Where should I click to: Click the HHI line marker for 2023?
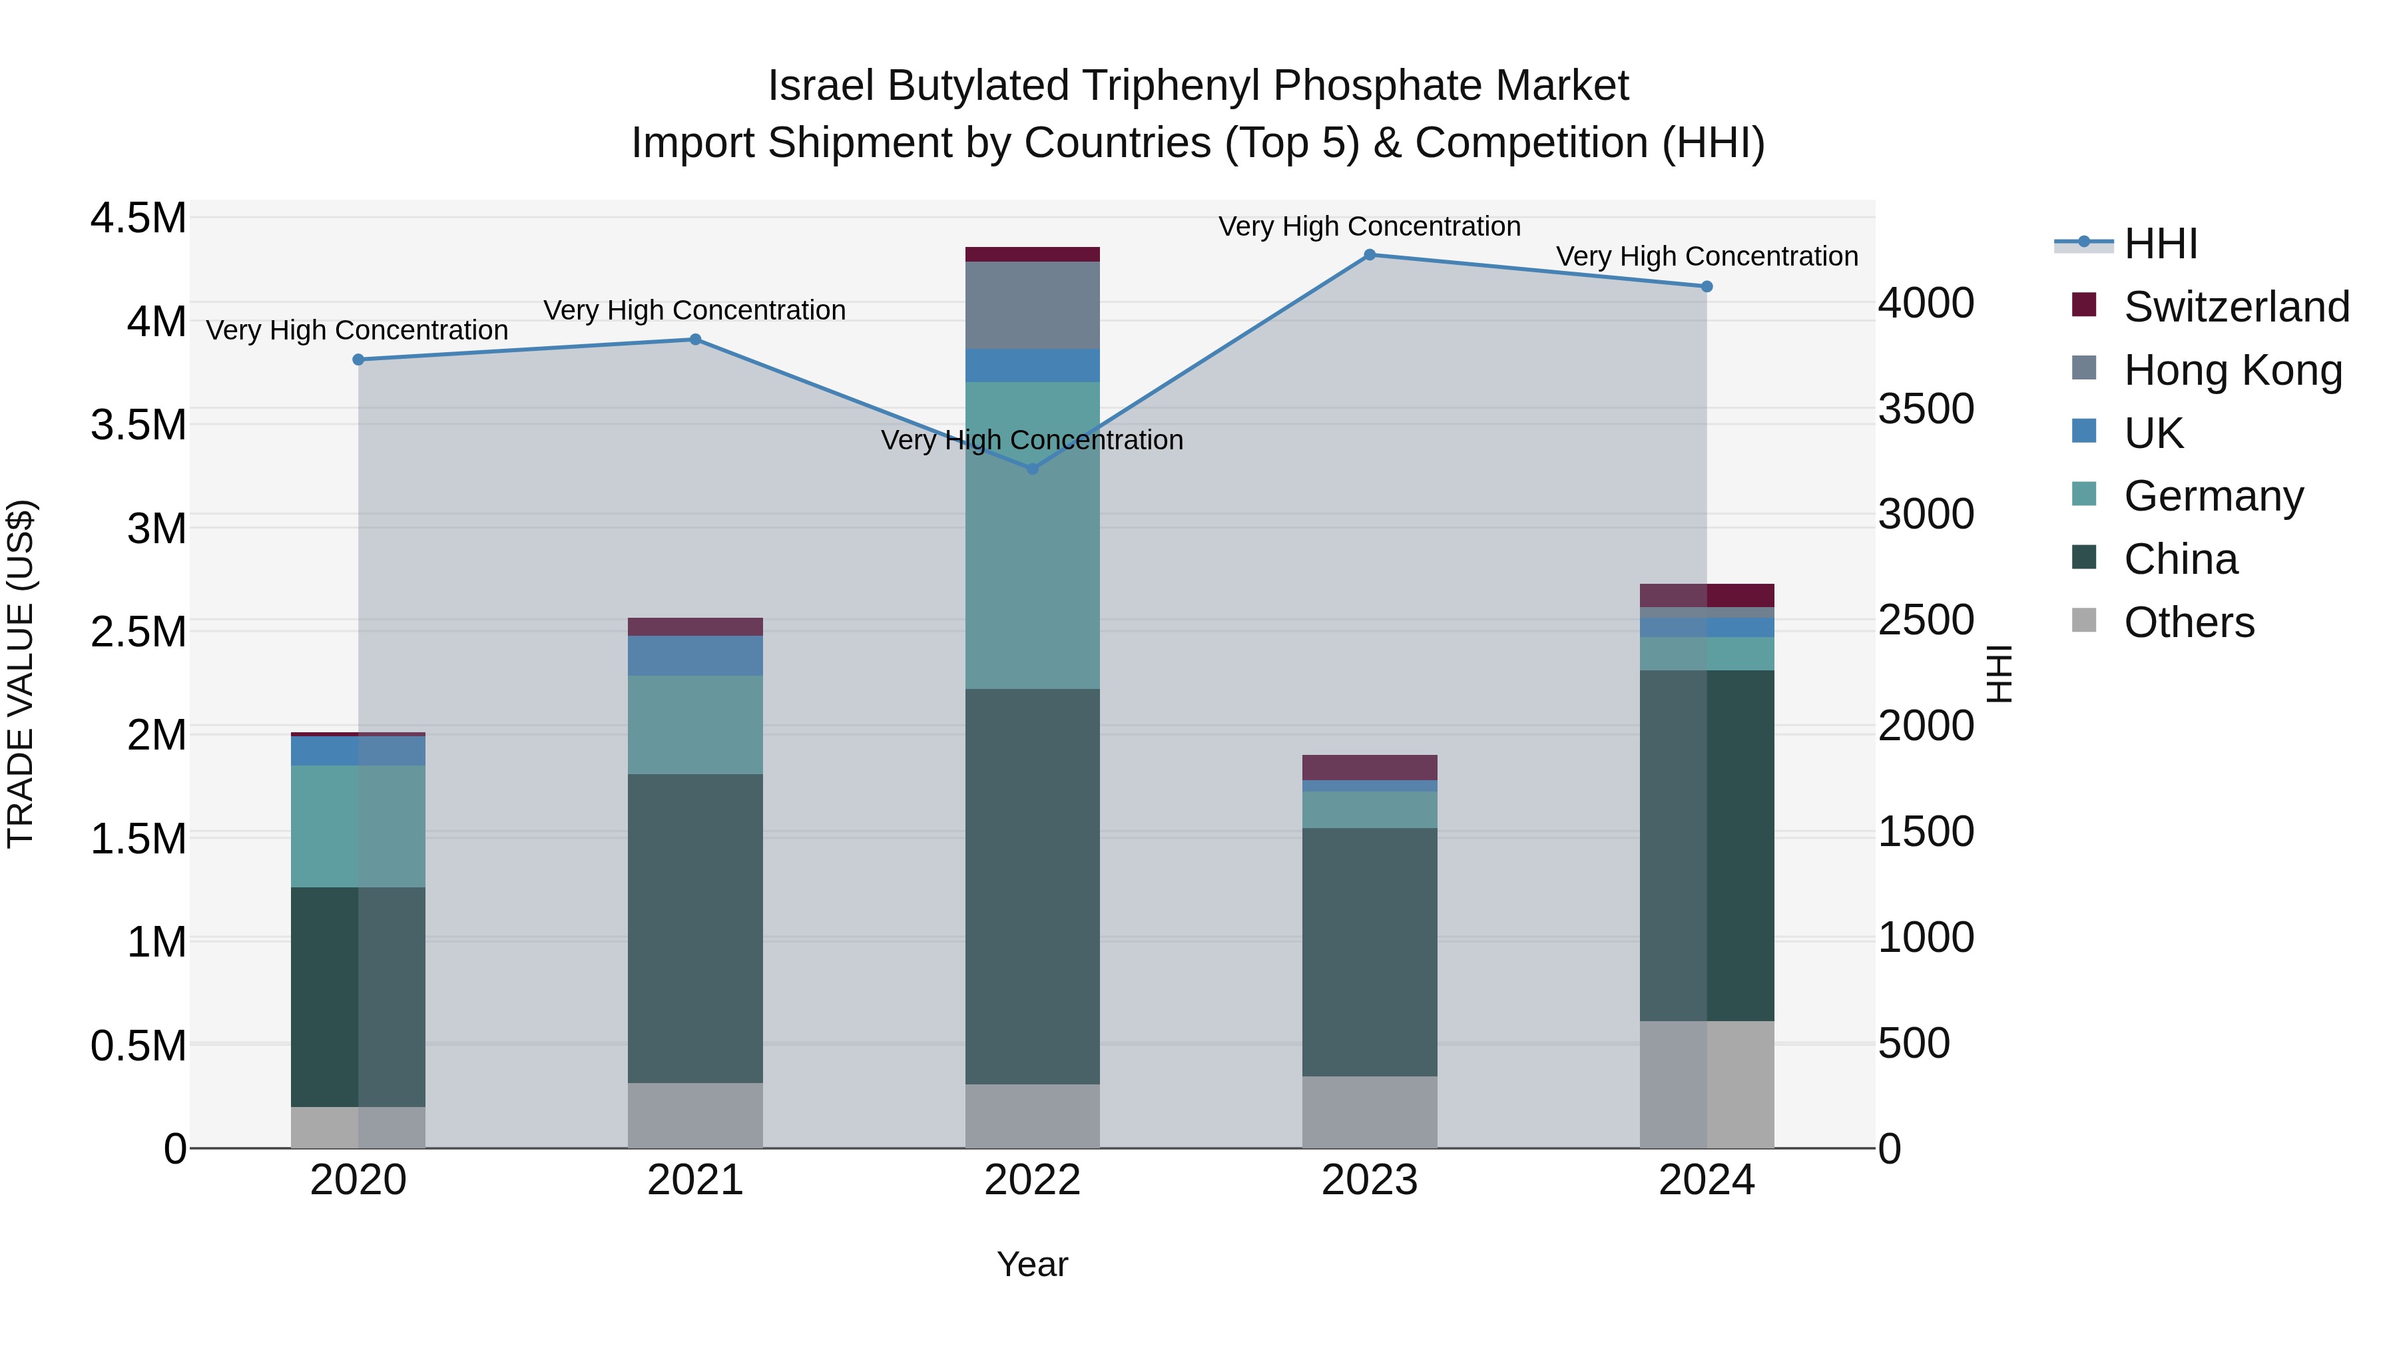(1369, 255)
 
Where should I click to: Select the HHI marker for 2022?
(1032, 469)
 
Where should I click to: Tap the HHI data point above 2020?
(358, 360)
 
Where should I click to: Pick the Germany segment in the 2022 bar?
(1032, 535)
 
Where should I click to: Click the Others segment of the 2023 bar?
(1369, 1112)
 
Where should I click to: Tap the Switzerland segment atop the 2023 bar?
(1369, 768)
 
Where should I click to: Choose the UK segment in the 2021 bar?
(695, 656)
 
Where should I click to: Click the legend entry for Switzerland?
(2236, 307)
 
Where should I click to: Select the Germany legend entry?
(2213, 496)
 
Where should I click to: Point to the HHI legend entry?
(2161, 244)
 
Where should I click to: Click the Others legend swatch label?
(2189, 622)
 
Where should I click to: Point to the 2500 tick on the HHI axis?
(1925, 620)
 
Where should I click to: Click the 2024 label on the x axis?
(1706, 1180)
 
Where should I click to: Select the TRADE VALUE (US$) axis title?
(21, 674)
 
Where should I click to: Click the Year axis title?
(1032, 1264)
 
